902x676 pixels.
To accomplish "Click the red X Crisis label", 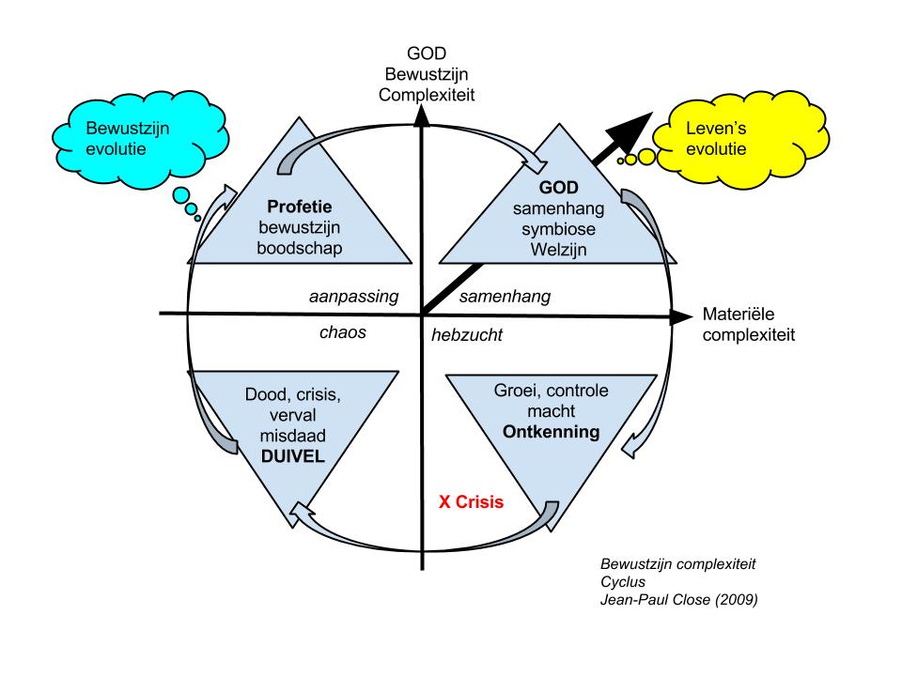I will [473, 501].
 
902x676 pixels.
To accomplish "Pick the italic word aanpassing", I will [354, 297].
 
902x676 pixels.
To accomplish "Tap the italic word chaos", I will [342, 332].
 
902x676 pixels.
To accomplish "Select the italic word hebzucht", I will [467, 334].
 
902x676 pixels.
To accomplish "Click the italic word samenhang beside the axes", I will [504, 297].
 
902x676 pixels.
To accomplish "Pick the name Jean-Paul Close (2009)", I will [678, 597].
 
